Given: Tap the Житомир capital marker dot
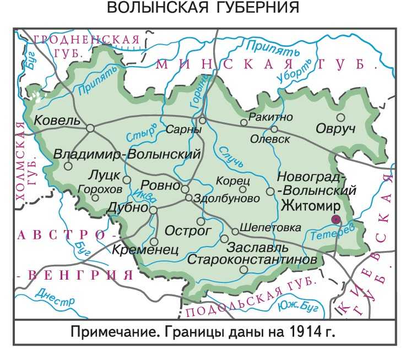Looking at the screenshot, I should (x=336, y=220).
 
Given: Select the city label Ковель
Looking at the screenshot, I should (x=57, y=121).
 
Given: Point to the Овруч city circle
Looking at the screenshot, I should (x=341, y=117).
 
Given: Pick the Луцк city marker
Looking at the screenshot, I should (x=127, y=179).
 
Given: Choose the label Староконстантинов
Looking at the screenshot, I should (x=252, y=258).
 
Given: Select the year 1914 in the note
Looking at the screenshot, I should (x=303, y=332).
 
